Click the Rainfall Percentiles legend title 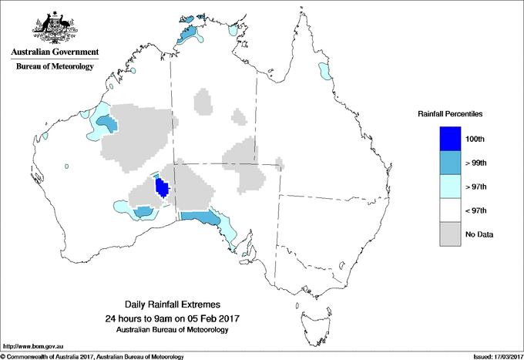click(450, 114)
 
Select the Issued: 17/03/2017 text click(493, 355)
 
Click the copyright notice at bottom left click(92, 355)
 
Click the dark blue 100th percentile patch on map click(163, 187)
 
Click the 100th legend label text click(475, 139)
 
